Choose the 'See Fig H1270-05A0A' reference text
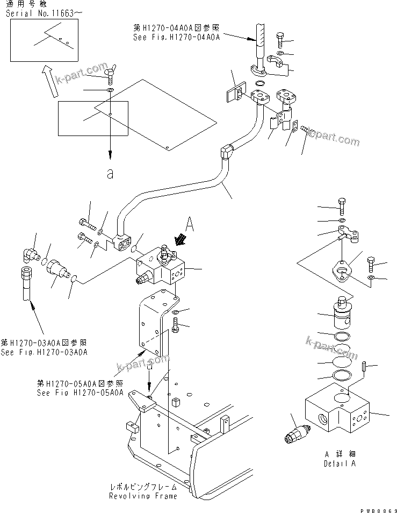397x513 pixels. (80, 393)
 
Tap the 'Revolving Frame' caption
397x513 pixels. (142, 496)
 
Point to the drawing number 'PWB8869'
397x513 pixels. (378, 509)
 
